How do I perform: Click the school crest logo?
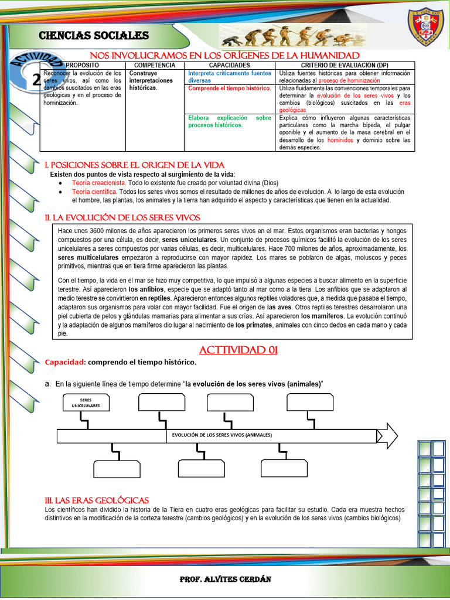pyautogui.click(x=425, y=28)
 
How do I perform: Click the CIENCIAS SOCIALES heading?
pyautogui.click(x=94, y=36)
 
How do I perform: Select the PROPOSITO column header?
pyautogui.click(x=82, y=65)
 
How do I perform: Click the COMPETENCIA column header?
pyautogui.click(x=155, y=65)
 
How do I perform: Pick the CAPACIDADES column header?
pyautogui.click(x=229, y=65)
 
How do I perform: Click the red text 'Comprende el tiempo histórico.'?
pyautogui.click(x=229, y=88)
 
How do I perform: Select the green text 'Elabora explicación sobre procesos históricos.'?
pyautogui.click(x=229, y=121)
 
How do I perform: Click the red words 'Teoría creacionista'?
pyautogui.click(x=94, y=183)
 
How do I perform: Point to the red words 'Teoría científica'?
pyautogui.click(x=94, y=192)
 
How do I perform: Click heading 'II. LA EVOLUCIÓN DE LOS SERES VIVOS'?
pyautogui.click(x=122, y=217)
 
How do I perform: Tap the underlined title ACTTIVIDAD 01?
pyautogui.click(x=238, y=350)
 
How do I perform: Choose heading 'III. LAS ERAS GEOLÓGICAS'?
pyautogui.click(x=97, y=500)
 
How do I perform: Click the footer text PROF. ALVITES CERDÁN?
pyautogui.click(x=225, y=579)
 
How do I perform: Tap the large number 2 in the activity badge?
pyautogui.click(x=36, y=80)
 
